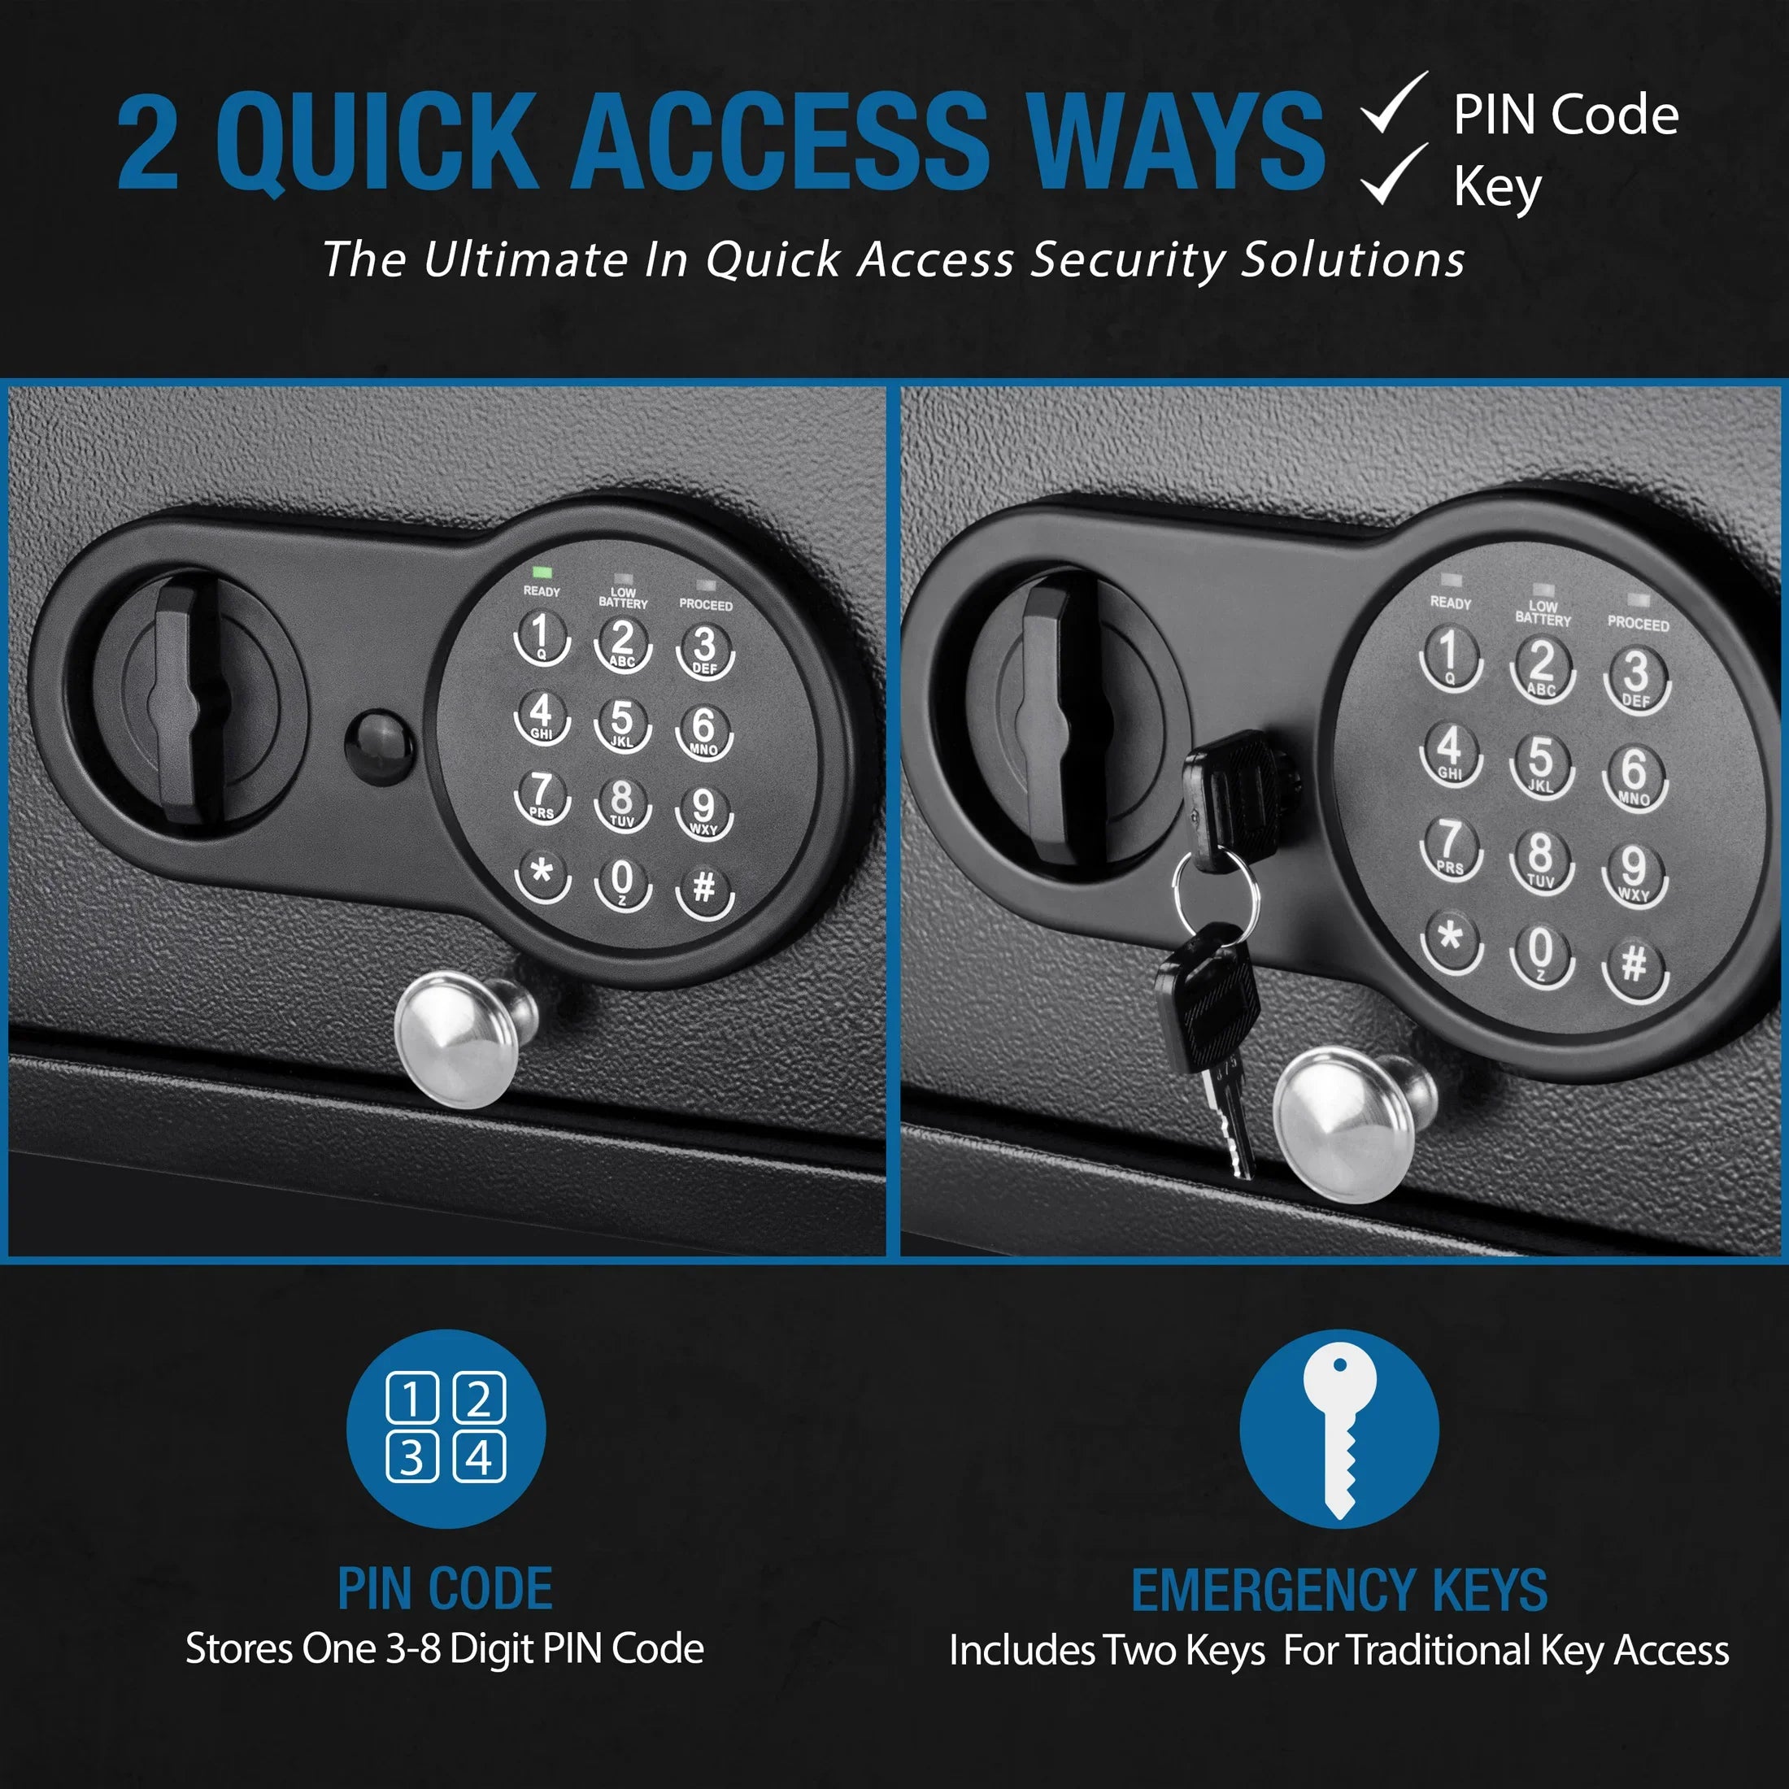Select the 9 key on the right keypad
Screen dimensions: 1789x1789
(1634, 870)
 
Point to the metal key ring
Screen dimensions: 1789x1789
(1215, 896)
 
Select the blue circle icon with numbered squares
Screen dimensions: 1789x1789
(446, 1429)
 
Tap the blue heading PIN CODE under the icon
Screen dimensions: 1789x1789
(446, 1590)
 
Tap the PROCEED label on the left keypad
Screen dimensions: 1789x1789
(706, 606)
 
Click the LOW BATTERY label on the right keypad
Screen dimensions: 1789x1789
(1543, 613)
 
